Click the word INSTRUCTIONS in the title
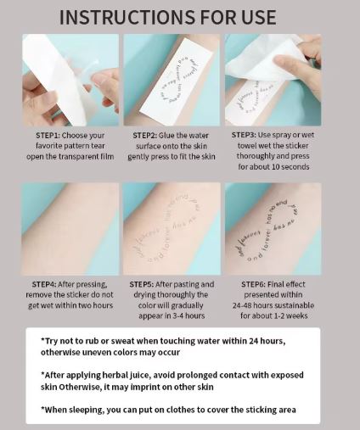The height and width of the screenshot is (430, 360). click(x=127, y=17)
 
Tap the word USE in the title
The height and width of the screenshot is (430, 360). click(x=259, y=17)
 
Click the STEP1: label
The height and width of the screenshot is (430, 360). click(x=48, y=136)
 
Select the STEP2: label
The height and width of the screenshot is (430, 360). click(x=144, y=136)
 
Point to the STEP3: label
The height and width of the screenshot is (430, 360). click(x=244, y=135)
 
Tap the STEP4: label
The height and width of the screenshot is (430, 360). click(x=44, y=284)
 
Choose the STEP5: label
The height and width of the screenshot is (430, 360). click(x=142, y=284)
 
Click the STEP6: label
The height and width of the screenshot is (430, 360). click(x=253, y=284)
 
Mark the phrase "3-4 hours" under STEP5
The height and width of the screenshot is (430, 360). click(x=188, y=316)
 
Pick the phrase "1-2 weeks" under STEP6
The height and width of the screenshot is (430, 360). click(x=290, y=316)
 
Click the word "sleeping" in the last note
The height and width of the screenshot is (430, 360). click(x=87, y=410)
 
